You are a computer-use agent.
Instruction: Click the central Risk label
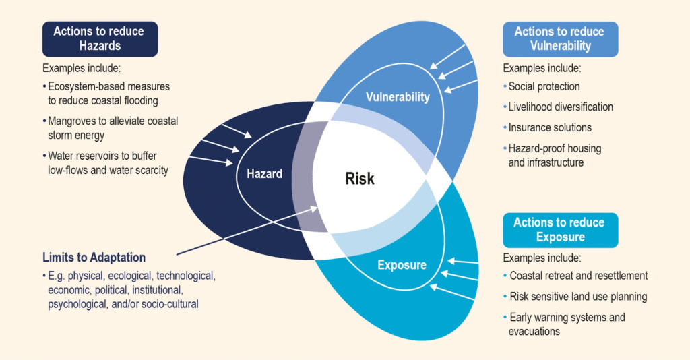coord(359,179)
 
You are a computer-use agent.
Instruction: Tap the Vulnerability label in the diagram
coord(398,97)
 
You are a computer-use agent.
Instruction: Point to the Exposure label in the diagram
coord(402,265)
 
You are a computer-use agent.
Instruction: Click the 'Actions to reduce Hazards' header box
coord(100,38)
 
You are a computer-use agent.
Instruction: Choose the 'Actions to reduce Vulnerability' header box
coord(559,38)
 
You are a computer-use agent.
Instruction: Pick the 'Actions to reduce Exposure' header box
coord(559,230)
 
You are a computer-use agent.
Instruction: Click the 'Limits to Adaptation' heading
coord(94,258)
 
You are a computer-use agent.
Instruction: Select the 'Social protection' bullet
coord(544,86)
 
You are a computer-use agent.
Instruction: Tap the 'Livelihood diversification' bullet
coord(561,107)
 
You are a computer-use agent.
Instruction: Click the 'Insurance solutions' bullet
coord(550,127)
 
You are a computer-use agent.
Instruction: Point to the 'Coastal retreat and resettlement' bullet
coord(578,276)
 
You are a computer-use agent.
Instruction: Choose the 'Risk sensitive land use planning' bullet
coord(578,296)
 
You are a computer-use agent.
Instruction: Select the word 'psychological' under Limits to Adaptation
coord(75,304)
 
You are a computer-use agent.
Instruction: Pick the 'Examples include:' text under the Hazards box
coord(81,69)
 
